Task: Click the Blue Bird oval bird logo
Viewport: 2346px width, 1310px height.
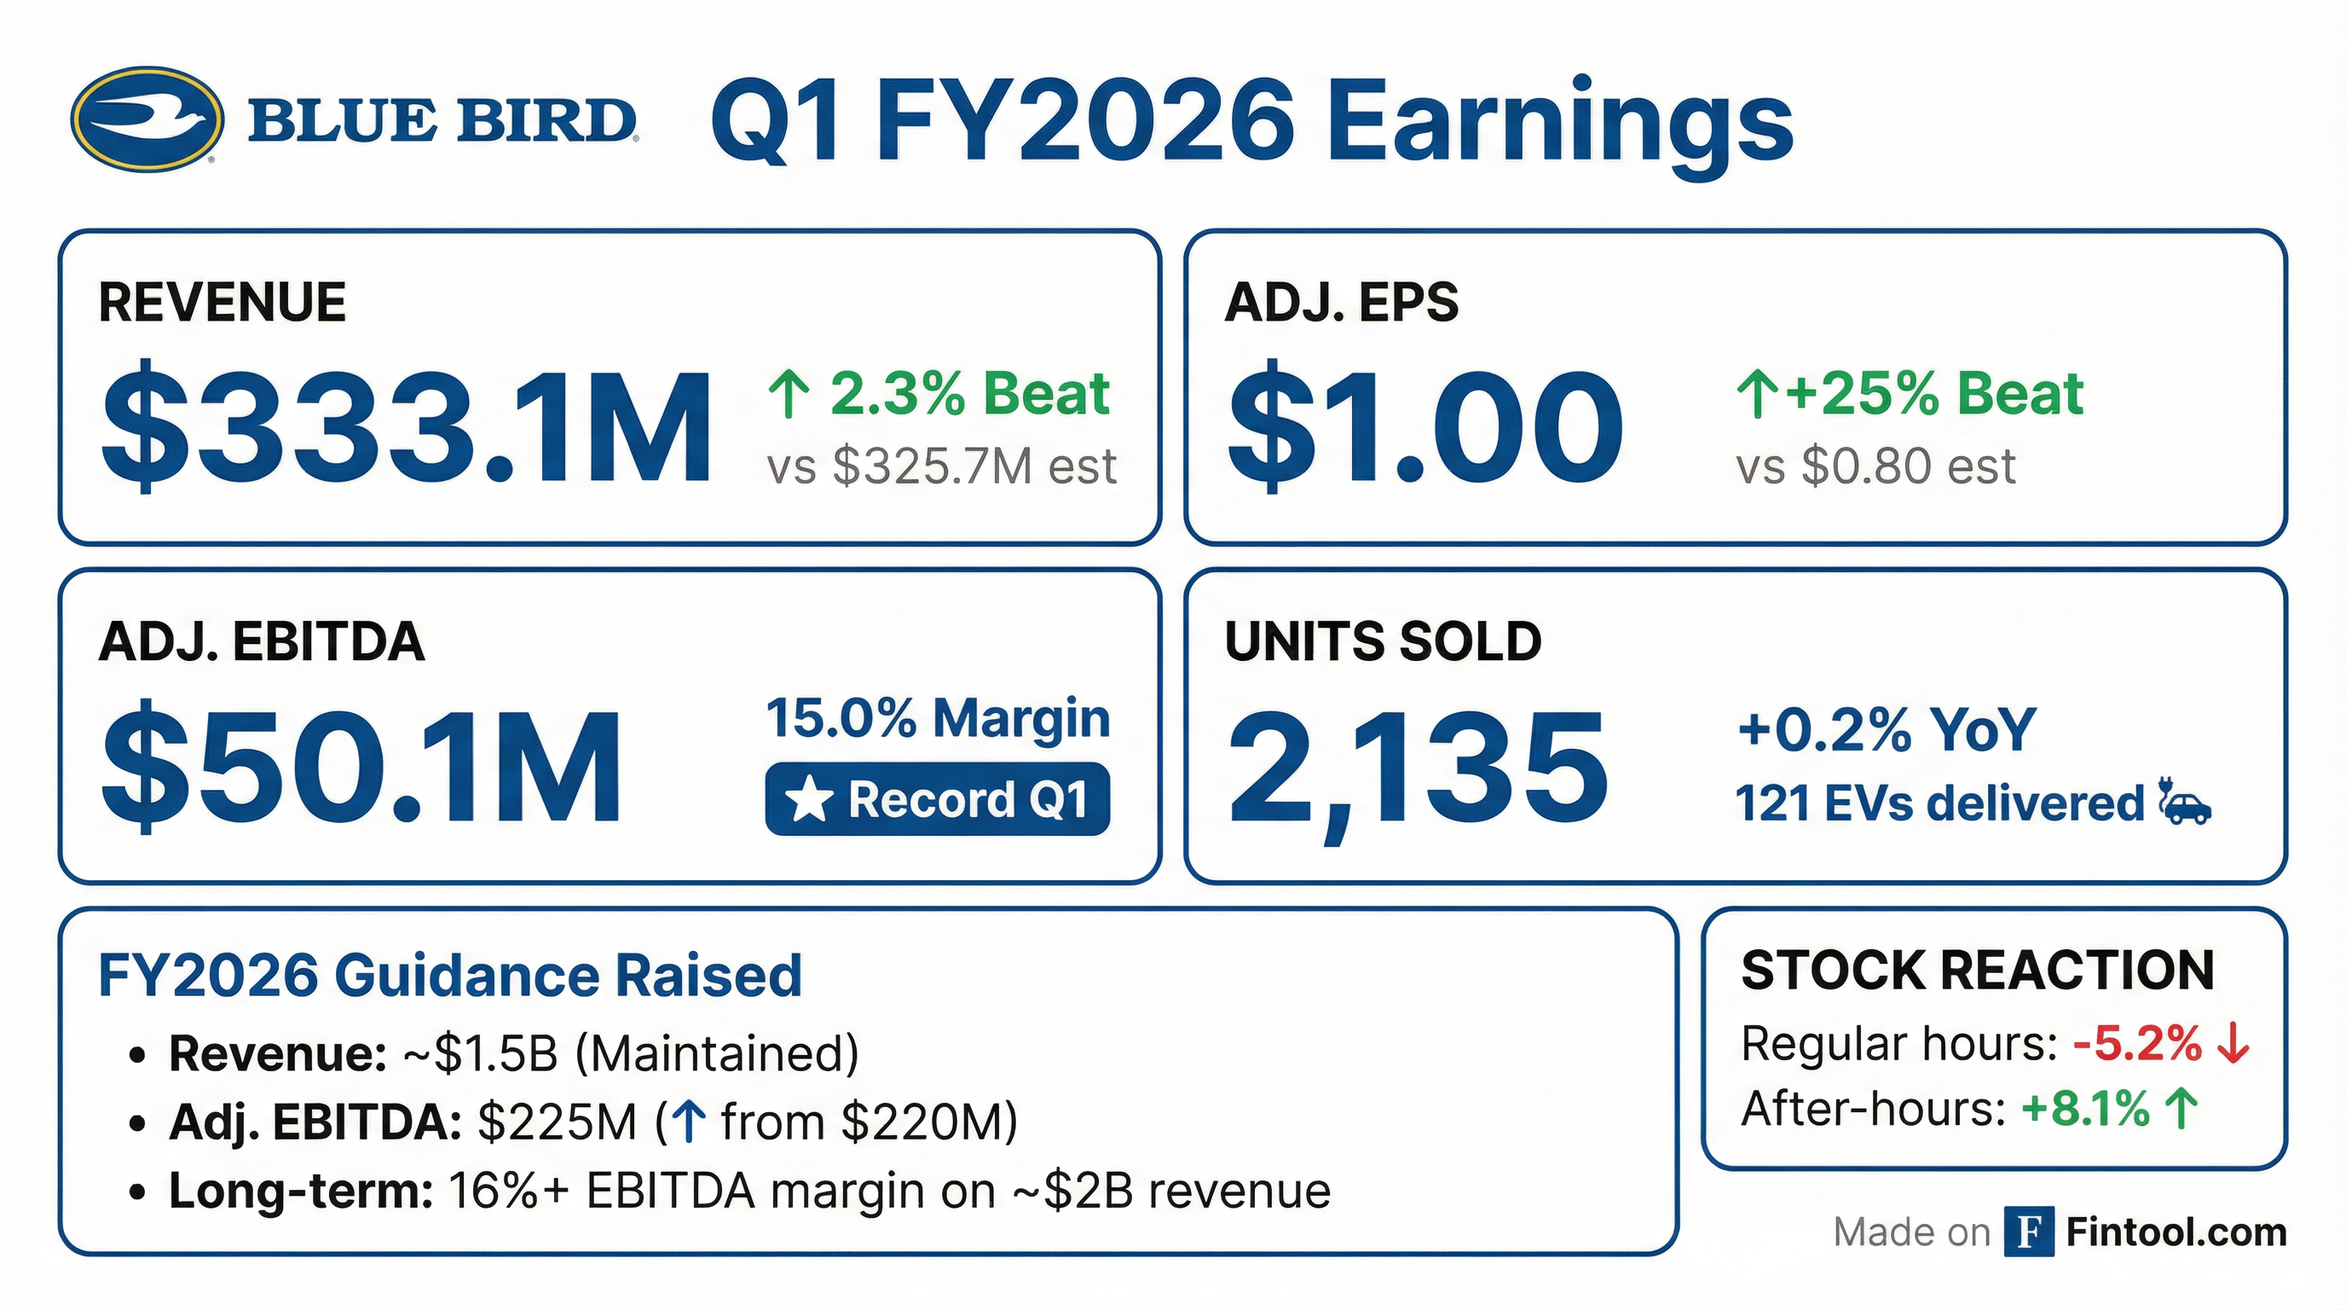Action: point(147,119)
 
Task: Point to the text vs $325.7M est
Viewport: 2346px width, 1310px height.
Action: point(942,467)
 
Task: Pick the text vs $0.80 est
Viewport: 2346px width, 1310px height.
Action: point(1876,467)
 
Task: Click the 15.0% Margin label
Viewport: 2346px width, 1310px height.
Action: point(938,719)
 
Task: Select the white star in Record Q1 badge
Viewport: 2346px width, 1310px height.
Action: point(809,801)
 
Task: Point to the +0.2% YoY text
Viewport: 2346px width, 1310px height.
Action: point(1886,730)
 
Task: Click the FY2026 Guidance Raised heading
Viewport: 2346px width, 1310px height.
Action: point(450,976)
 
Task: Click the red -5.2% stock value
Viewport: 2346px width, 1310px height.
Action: point(2136,1044)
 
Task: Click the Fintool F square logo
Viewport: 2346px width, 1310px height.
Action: point(2028,1232)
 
